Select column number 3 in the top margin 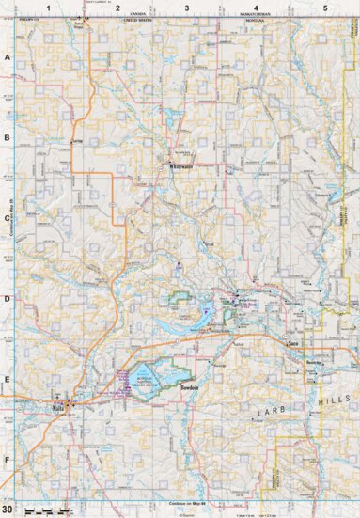186,8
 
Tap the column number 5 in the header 324,8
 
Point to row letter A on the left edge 7,56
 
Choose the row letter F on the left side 7,460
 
